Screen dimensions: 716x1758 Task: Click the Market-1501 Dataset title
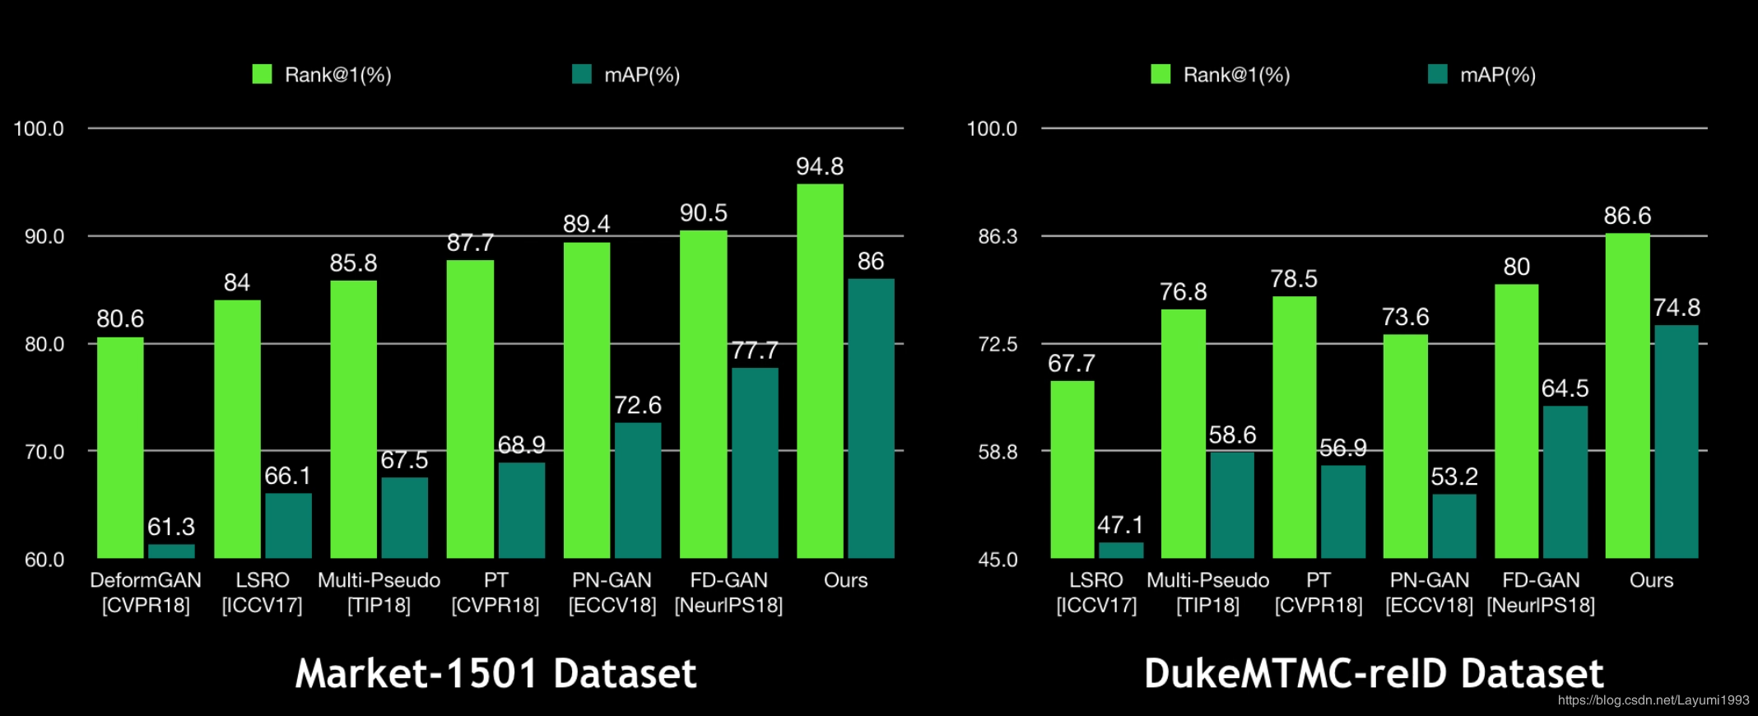[x=495, y=673]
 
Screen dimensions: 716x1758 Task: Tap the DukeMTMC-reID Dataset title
[x=1373, y=673]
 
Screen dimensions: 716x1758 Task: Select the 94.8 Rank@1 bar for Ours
[x=820, y=370]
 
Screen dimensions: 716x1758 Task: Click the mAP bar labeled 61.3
[x=171, y=551]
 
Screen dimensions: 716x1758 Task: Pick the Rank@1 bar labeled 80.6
[x=120, y=448]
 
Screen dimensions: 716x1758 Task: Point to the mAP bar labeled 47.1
[x=1121, y=551]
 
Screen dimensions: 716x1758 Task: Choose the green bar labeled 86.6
[x=1627, y=395]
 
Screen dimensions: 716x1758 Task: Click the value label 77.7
[x=755, y=351]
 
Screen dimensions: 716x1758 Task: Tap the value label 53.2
[x=1454, y=477]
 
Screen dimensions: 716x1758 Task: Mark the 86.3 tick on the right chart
[x=998, y=237]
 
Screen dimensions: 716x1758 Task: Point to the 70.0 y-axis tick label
[x=44, y=452]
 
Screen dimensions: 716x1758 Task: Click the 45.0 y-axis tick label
[x=998, y=560]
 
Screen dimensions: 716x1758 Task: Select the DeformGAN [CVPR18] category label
[x=146, y=593]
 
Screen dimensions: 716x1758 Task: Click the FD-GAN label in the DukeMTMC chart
[x=1541, y=593]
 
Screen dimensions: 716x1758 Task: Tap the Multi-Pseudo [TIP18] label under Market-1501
[x=379, y=593]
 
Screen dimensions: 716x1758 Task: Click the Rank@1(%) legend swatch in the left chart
[x=262, y=75]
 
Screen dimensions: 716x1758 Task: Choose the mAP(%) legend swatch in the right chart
[x=1437, y=75]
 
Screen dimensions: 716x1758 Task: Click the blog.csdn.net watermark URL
[x=1653, y=700]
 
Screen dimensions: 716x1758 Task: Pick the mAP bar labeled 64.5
[x=1565, y=481]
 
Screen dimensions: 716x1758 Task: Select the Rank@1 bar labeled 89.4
[x=587, y=400]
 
